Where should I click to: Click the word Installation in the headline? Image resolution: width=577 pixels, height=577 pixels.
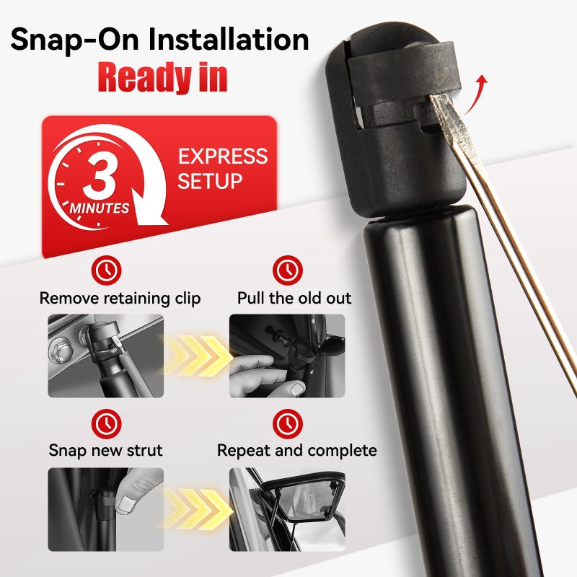click(x=229, y=40)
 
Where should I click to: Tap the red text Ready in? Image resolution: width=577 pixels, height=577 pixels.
click(x=162, y=77)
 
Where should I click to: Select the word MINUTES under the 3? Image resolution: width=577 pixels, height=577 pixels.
click(x=100, y=208)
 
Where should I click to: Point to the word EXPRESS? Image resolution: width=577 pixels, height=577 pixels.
click(x=223, y=156)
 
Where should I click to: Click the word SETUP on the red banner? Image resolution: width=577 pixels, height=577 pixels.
click(x=210, y=181)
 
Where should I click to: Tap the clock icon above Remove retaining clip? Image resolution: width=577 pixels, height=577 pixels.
click(x=106, y=270)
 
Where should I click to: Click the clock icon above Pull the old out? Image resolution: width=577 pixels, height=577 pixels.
click(x=287, y=270)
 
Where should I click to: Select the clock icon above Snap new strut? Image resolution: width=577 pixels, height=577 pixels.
click(x=106, y=424)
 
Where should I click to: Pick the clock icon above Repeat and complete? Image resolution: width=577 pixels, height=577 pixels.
click(x=287, y=424)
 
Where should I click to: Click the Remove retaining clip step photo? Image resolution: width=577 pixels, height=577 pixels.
click(x=105, y=356)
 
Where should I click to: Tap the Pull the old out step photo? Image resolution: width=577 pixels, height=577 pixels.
click(x=287, y=356)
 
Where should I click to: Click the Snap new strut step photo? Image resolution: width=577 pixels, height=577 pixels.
click(x=105, y=509)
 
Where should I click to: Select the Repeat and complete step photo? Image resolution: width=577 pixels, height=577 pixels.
click(x=287, y=509)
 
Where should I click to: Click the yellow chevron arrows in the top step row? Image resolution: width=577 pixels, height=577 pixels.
click(x=197, y=356)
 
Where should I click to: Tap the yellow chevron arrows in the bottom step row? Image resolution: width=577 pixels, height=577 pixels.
click(x=197, y=509)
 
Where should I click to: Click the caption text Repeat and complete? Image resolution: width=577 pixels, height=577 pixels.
click(x=297, y=450)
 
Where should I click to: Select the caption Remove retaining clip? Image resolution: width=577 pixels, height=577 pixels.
click(x=120, y=298)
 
